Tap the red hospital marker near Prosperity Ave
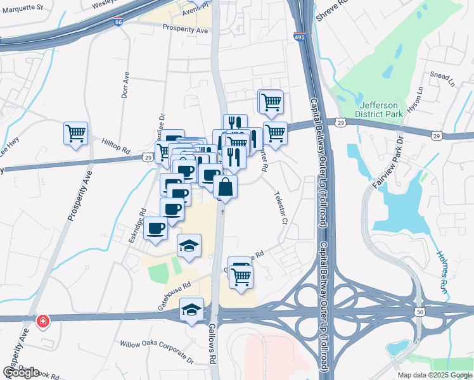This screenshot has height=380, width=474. [x=42, y=322]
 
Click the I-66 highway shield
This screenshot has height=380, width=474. [x=119, y=22]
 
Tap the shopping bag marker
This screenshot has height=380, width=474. [x=226, y=187]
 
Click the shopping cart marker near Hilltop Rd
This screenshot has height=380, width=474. [x=75, y=134]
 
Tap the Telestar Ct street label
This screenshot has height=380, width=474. [x=281, y=208]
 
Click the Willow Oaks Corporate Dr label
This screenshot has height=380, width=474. [x=157, y=351]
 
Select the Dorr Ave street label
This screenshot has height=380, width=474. [x=125, y=83]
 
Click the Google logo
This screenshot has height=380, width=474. [x=21, y=372]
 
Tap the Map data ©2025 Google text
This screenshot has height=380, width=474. [x=435, y=375]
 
